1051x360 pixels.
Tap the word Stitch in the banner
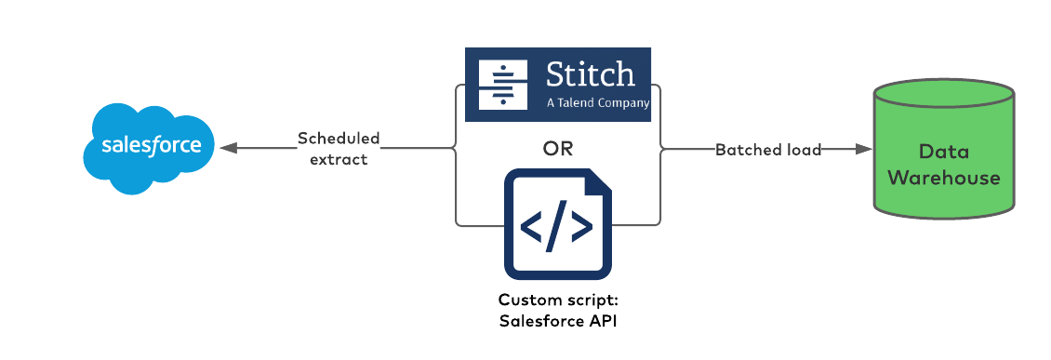[x=590, y=75]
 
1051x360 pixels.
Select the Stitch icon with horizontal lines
[x=501, y=83]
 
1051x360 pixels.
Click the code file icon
[x=557, y=224]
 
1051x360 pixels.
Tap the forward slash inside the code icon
[x=556, y=227]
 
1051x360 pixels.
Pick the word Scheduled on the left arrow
[x=339, y=139]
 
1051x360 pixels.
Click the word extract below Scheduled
[x=339, y=158]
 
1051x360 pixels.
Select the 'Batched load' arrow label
[x=768, y=150]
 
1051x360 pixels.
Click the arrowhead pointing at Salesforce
[x=228, y=149]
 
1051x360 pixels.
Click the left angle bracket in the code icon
[x=532, y=227]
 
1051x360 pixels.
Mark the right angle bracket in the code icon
[x=580, y=227]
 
